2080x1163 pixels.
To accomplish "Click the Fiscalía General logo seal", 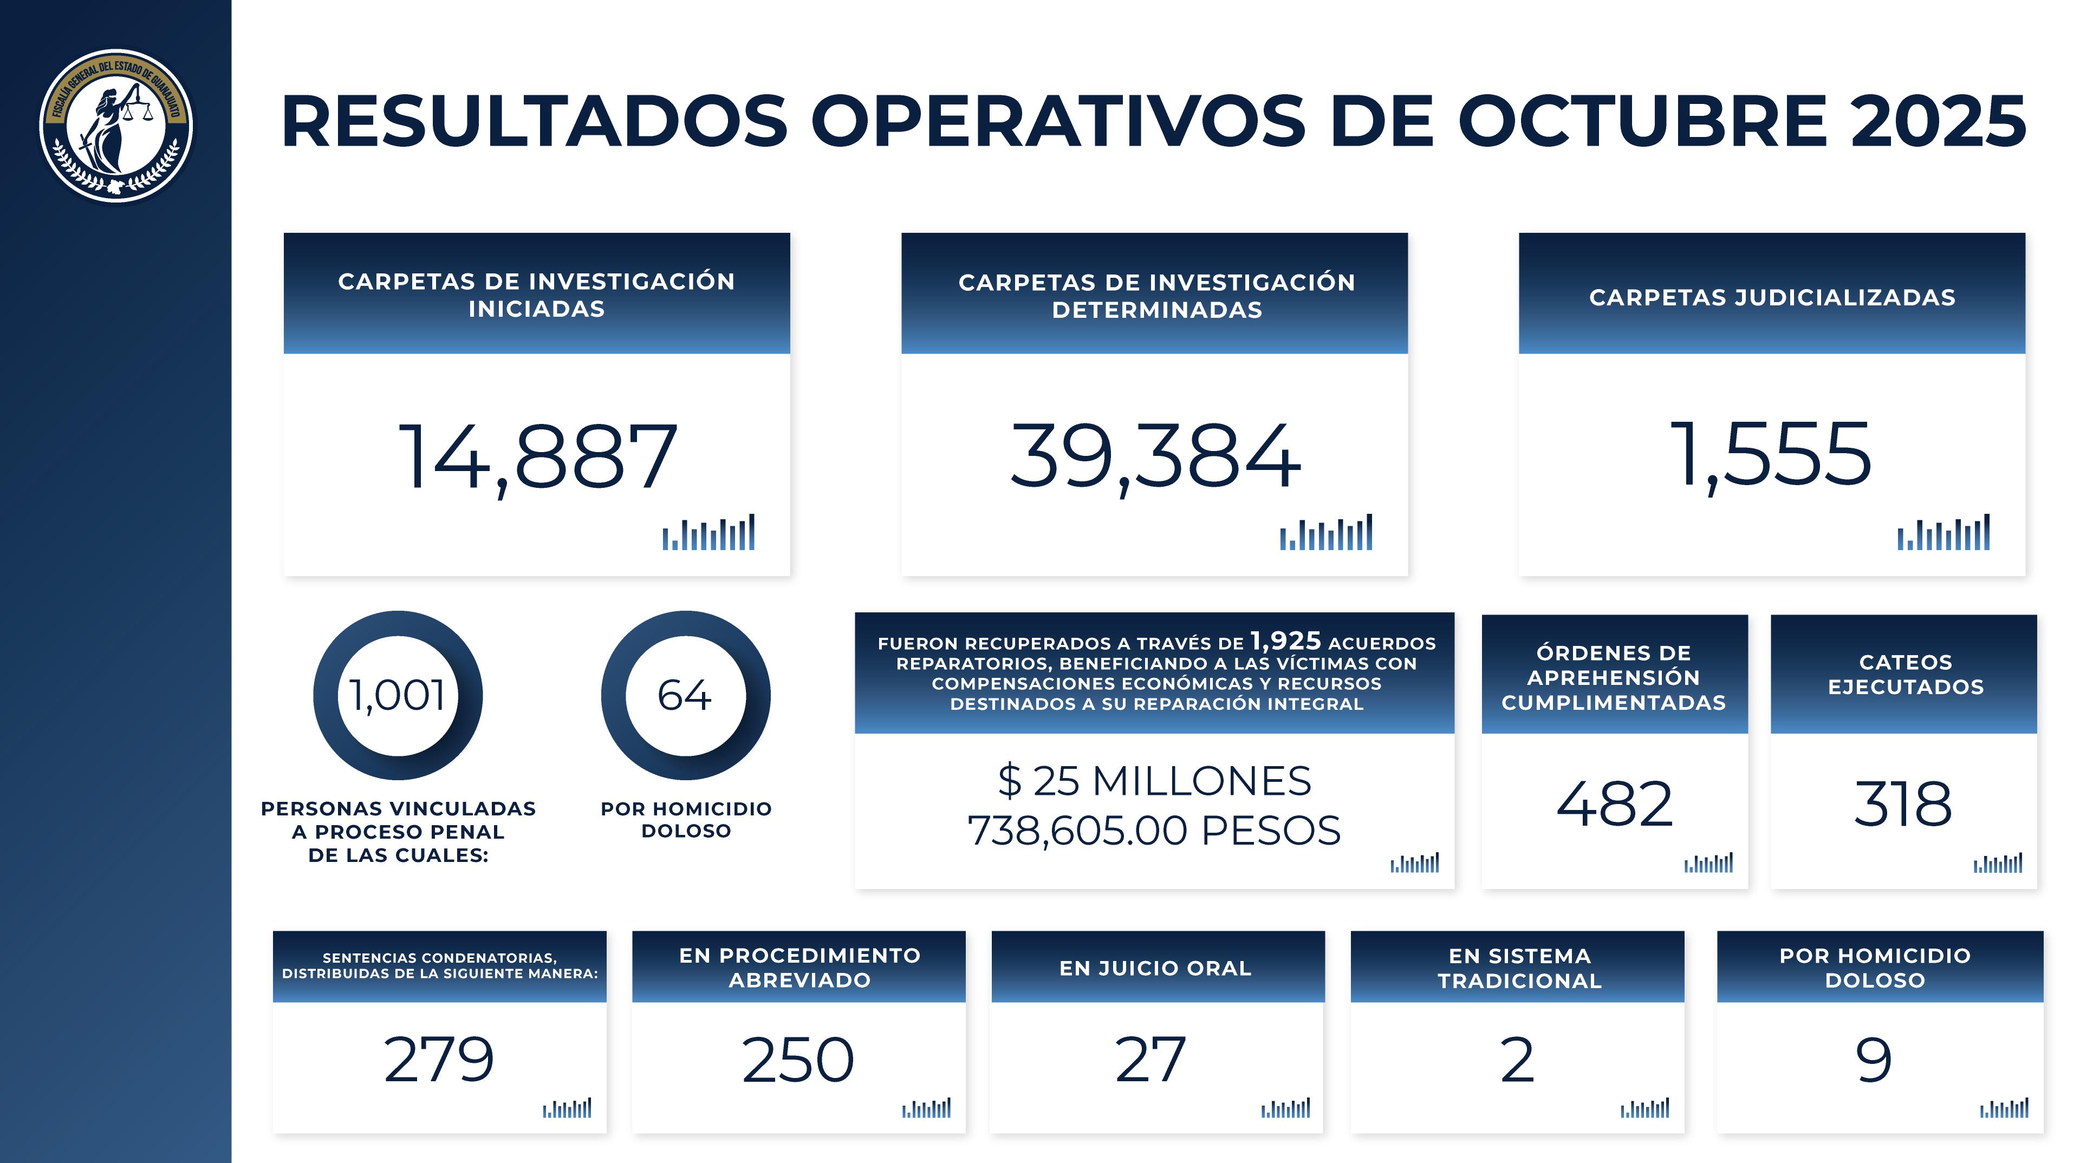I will (116, 125).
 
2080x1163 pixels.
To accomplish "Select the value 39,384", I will (1155, 457).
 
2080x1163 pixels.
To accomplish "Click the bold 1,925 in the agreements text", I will (1285, 641).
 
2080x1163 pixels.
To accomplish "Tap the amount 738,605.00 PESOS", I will (1155, 831).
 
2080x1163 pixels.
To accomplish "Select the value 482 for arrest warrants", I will (1614, 805).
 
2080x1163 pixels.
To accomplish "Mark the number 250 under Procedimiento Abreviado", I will (798, 1060).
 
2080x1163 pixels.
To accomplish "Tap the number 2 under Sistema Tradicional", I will (1517, 1060).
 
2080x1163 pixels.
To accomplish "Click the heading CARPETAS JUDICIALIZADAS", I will (1772, 298).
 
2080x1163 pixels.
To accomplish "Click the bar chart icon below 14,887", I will (708, 533).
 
